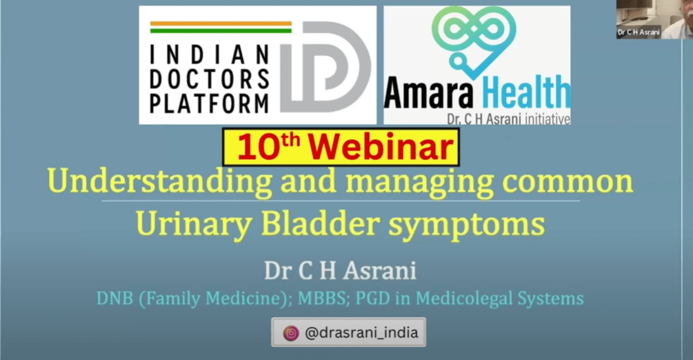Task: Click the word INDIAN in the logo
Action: click(x=210, y=54)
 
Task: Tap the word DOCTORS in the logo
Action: click(x=210, y=79)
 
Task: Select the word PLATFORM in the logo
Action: click(x=210, y=103)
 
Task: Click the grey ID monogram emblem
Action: click(x=325, y=66)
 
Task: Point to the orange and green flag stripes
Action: click(x=221, y=27)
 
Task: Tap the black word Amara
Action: click(x=429, y=93)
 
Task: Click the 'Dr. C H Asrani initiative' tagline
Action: click(x=508, y=119)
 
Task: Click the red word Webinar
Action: click(x=381, y=147)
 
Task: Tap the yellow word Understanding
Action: click(x=159, y=182)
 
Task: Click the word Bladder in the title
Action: click(x=320, y=223)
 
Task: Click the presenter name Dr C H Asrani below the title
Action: click(x=340, y=270)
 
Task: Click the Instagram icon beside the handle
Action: click(x=291, y=332)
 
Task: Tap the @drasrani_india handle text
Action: click(x=361, y=332)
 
